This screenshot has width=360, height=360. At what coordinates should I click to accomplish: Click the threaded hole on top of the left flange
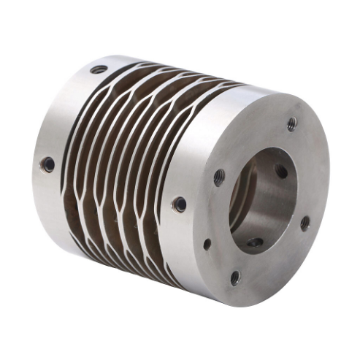tap(99, 70)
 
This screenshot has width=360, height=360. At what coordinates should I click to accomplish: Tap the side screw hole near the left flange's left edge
tap(47, 164)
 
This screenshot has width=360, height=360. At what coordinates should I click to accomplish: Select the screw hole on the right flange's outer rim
tap(178, 204)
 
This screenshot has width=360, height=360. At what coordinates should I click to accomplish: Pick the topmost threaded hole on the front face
tap(292, 123)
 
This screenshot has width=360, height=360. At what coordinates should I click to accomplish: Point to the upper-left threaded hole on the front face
tap(219, 176)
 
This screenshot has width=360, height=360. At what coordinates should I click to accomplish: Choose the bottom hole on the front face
tap(235, 277)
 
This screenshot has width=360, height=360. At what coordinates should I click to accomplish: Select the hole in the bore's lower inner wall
tap(254, 242)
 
